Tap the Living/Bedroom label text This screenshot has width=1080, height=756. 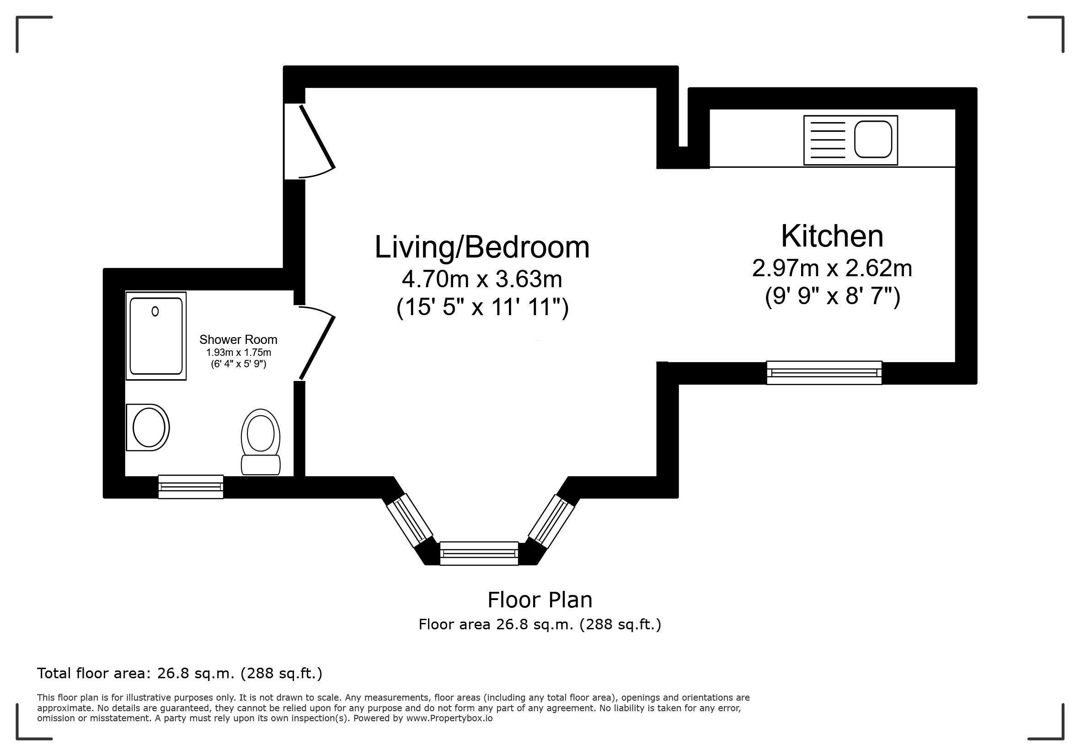482,247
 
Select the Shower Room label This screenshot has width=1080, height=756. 239,340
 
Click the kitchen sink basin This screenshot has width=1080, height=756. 873,139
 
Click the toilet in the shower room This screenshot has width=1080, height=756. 261,442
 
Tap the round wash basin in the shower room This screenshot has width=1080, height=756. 148,428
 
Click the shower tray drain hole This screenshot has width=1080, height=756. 155,311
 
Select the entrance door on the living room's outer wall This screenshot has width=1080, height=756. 309,141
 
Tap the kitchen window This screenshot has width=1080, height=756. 824,373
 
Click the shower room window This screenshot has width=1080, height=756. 191,487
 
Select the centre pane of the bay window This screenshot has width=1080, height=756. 479,553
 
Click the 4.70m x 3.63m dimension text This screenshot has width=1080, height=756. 482,279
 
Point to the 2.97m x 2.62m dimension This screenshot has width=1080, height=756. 832,268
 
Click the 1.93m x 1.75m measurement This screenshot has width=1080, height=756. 239,353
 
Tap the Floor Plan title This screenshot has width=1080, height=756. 540,600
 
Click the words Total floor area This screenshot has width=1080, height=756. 94,674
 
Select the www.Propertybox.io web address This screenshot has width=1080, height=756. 449,718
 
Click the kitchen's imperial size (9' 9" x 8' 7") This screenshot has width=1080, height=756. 833,296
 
